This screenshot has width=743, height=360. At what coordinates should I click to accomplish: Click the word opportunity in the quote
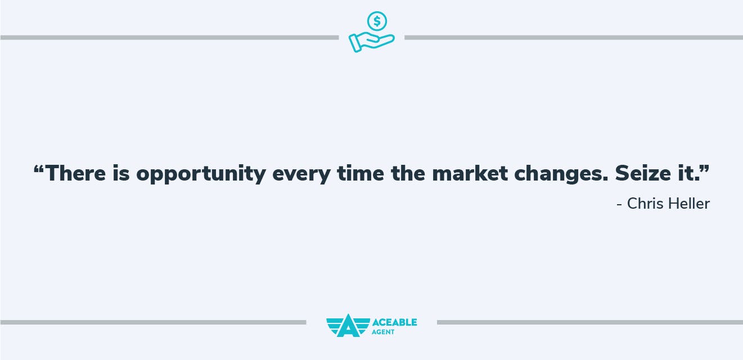pos(201,173)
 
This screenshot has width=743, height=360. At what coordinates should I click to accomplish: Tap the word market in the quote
pos(470,173)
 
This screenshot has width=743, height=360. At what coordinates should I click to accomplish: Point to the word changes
pos(561,173)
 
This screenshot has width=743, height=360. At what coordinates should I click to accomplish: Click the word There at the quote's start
pos(75,173)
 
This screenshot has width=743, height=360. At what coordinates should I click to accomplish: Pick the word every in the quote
pos(301,175)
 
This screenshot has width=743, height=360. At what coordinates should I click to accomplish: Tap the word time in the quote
pos(360,173)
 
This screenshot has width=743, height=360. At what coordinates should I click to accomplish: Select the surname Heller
pos(689,204)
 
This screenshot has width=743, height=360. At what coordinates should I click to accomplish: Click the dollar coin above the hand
pos(377,21)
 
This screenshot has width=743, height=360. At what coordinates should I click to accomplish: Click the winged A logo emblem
pos(348,326)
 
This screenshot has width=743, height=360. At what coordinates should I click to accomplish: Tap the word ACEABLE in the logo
pos(394,322)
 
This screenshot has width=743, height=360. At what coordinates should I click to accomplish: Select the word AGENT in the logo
pos(383,332)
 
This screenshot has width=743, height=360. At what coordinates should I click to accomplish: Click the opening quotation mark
pos(39,169)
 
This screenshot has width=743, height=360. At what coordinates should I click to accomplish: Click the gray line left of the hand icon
pos(169,38)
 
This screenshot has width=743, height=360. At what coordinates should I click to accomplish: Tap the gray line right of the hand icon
pos(574,38)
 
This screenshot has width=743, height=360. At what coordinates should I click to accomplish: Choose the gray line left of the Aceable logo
pos(153,322)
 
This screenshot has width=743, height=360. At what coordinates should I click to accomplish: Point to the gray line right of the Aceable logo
pos(590,322)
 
